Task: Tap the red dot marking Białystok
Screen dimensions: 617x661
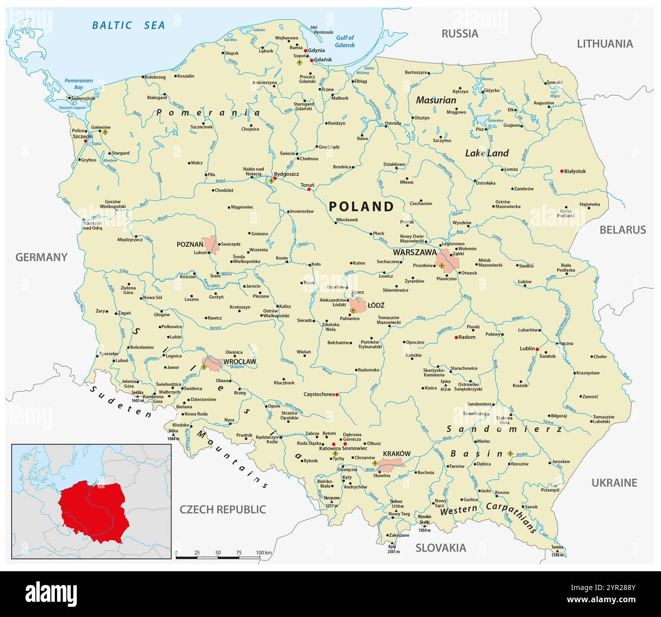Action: [561, 171]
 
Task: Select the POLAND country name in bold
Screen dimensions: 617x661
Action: [361, 206]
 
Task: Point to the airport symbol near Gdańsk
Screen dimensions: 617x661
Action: [299, 63]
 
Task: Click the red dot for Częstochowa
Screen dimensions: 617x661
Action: [337, 394]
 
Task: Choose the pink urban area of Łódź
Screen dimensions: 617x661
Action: [358, 306]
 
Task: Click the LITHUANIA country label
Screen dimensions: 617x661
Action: [605, 44]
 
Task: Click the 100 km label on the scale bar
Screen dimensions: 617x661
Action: [264, 552]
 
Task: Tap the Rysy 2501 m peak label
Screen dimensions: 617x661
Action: [393, 548]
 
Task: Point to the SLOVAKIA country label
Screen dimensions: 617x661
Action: [440, 548]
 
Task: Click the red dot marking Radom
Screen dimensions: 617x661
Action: [456, 337]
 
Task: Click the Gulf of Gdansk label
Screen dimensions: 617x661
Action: [344, 41]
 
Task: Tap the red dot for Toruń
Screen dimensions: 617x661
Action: [309, 190]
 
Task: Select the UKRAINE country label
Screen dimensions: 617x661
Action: [614, 483]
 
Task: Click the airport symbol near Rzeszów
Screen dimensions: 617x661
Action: [510, 453]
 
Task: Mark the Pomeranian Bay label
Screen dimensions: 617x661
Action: [79, 84]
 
